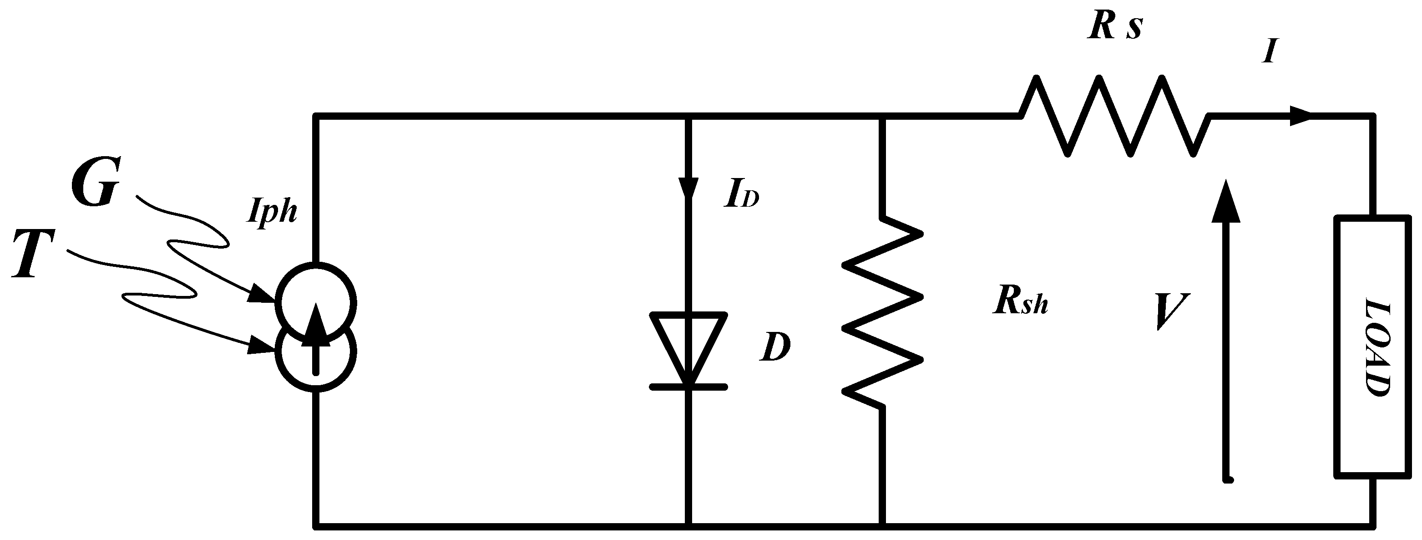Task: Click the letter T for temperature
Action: pyautogui.click(x=34, y=254)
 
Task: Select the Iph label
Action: pyautogui.click(x=272, y=211)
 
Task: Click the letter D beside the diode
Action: pyautogui.click(x=774, y=347)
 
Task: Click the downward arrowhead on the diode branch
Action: pyautogui.click(x=688, y=188)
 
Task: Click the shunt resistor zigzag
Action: pyautogui.click(x=882, y=312)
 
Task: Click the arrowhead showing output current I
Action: pyautogui.click(x=1302, y=116)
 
